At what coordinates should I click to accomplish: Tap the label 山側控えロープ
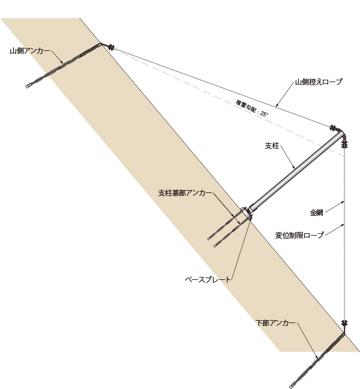pos(318,82)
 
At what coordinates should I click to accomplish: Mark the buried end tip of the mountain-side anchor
pos(28,87)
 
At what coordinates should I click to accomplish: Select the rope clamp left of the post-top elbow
pos(331,127)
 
